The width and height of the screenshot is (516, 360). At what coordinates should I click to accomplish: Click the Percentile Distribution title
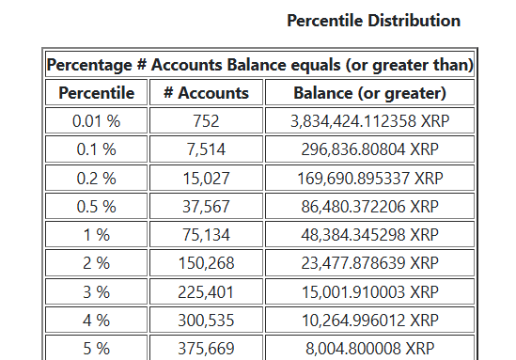coord(373,20)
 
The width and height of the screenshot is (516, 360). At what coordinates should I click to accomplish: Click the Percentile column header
coord(97,92)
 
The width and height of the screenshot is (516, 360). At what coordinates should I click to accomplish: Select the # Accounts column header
coord(206,92)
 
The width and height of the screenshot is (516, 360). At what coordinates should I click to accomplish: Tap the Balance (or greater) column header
coord(369,92)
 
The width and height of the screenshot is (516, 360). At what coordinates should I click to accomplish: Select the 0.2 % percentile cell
coord(97,178)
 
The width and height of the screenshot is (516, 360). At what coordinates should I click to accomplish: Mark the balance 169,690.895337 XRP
coord(369,178)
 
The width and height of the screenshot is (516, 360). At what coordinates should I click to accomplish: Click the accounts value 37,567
coord(206,206)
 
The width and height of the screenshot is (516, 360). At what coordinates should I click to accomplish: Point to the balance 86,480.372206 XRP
coord(369,206)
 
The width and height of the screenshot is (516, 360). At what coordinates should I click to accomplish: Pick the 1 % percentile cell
coord(97,234)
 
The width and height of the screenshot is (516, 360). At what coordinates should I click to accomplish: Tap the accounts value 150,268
coord(206,263)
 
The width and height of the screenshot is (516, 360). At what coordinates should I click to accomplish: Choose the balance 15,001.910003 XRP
coord(369,291)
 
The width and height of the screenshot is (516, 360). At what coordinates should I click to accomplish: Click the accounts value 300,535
coord(206,320)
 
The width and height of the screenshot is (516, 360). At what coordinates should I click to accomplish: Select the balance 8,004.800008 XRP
coord(369,348)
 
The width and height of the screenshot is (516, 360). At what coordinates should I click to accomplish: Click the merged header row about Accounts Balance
coord(258,65)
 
